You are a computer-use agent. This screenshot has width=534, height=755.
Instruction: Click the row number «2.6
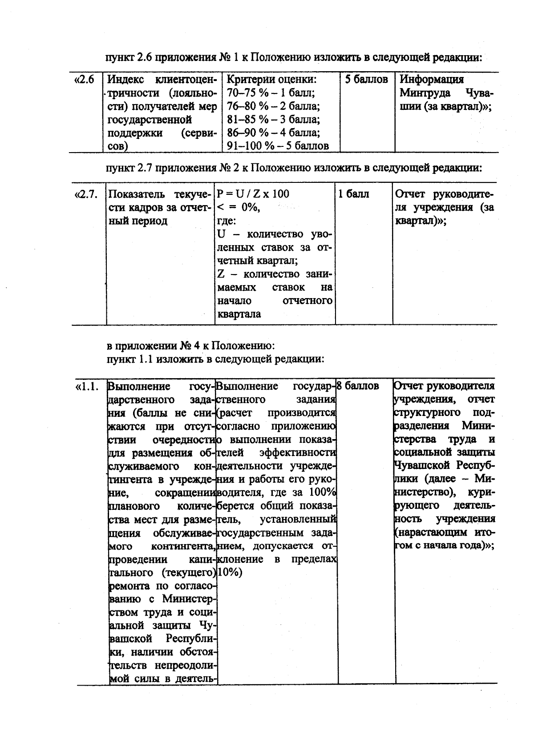[84, 80]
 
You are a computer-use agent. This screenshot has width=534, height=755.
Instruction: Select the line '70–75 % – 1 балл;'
[271, 93]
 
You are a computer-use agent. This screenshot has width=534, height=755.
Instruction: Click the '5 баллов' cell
[367, 80]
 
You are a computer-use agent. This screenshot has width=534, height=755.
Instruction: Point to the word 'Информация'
[432, 80]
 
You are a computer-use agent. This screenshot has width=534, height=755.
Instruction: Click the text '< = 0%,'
[239, 207]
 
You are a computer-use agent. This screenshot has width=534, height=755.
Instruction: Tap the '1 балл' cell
[354, 194]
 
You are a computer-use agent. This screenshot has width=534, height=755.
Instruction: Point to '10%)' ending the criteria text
[230, 573]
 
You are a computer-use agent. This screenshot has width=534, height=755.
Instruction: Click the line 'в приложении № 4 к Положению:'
[192, 346]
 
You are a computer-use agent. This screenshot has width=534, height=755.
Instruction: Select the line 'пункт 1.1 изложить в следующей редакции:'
[215, 359]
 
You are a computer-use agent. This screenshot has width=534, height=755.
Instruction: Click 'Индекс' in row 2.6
[126, 80]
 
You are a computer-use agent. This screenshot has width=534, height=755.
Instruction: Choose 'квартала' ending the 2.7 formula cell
[239, 314]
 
